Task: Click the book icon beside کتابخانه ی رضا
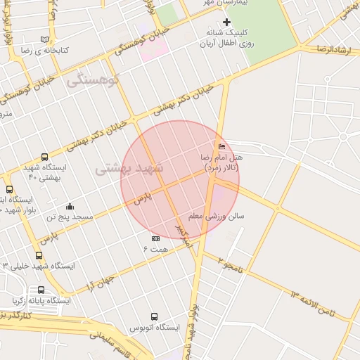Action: (x=45, y=39)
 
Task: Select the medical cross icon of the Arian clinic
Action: (x=226, y=22)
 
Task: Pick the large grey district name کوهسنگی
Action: (x=94, y=81)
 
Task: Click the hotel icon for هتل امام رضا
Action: (x=223, y=146)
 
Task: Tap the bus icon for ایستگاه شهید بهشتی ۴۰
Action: (x=45, y=157)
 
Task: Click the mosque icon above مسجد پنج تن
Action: (x=70, y=206)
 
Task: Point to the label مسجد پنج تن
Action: (x=70, y=217)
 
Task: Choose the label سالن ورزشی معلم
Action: (x=216, y=216)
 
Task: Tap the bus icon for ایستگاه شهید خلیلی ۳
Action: (x=39, y=256)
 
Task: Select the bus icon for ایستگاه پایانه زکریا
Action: (x=41, y=290)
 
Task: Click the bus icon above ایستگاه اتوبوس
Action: (x=154, y=316)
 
